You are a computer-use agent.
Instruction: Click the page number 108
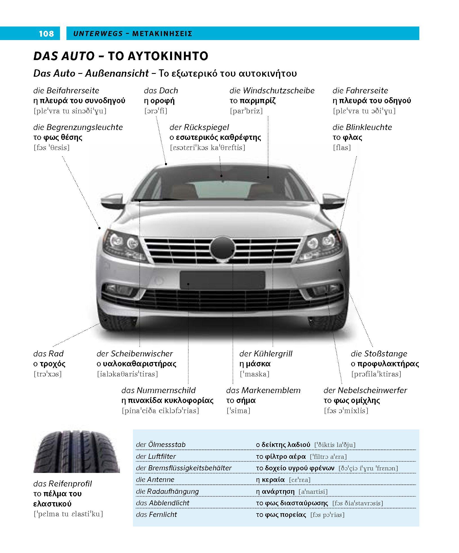pos(46,34)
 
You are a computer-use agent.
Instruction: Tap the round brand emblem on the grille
pos(222,248)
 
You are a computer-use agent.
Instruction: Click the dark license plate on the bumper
pos(222,280)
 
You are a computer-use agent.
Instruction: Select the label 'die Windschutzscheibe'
pos(272,91)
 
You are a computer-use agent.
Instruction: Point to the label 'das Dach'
pos(161,91)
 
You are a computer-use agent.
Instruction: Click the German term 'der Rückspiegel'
pos(199,127)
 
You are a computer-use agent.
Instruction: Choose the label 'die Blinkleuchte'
pos(362,127)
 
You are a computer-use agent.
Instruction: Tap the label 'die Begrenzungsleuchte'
pos(78,127)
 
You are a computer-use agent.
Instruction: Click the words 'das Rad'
pos(48,354)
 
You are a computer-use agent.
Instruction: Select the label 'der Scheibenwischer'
pos(135,354)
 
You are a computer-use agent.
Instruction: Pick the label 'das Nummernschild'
pos(158,390)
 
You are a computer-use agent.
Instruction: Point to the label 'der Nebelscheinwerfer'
pos(365,390)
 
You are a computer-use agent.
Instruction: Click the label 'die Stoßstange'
pos(379,354)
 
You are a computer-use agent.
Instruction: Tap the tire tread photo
pos(77,451)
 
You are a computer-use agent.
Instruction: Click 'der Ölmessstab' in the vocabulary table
pos(161,445)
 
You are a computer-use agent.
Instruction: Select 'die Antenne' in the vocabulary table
pos(155,479)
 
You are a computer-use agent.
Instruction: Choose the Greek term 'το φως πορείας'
pos(281,515)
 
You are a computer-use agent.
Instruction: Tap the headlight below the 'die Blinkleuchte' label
pos(320,245)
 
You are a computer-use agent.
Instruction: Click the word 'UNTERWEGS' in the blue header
pos(98,34)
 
